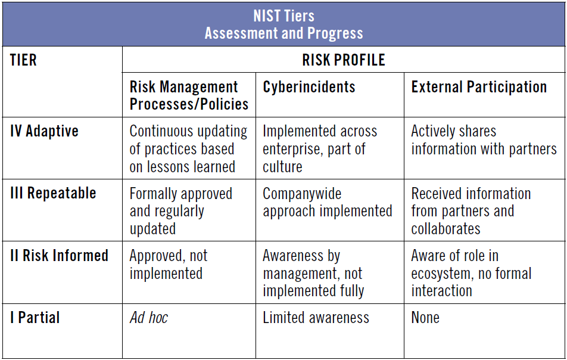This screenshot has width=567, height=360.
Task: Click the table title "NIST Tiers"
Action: pos(283,15)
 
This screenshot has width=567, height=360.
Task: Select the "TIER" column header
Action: pos(23,60)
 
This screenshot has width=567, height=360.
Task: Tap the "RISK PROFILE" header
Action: pos(344,60)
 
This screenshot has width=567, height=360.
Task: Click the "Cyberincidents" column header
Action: pos(309,87)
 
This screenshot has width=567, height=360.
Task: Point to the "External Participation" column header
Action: pos(479,87)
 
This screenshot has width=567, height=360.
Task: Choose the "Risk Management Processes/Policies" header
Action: pos(189,95)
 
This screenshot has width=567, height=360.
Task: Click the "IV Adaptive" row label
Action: pos(44,131)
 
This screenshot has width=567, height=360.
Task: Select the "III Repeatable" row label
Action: pos(53,193)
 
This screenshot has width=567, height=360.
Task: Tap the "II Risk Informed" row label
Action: pos(59,256)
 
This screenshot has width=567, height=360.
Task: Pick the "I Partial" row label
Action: pos(35,318)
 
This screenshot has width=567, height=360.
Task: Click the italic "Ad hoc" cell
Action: pos(149,318)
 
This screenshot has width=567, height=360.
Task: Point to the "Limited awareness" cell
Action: pos(316,318)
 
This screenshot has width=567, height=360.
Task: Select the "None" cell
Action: pos(425,318)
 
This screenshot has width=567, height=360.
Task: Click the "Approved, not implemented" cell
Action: pos(169,265)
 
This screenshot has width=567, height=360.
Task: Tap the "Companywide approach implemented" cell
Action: pos(327,202)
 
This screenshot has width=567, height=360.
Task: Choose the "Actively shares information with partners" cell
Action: pos(484,140)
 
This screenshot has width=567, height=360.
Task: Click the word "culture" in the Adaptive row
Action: pos(283,166)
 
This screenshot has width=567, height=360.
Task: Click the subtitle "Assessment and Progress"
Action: pos(283,33)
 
